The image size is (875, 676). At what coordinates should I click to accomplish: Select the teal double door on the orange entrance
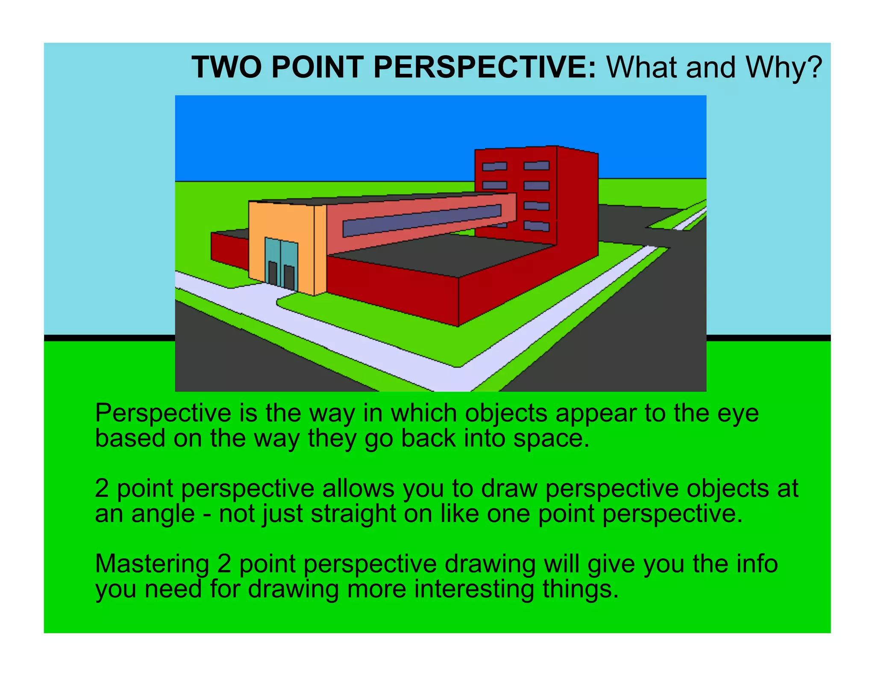(x=281, y=263)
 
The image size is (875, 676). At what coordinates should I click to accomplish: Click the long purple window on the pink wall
(x=421, y=220)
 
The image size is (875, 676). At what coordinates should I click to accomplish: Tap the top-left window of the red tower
(x=494, y=166)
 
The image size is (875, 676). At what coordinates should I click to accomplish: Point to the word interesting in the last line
(x=474, y=589)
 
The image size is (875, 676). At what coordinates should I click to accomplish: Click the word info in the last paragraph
(x=756, y=564)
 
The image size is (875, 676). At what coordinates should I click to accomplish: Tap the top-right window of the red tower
(x=536, y=166)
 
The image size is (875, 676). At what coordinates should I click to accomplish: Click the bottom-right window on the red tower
(x=536, y=226)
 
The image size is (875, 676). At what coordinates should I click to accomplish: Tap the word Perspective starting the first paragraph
(x=163, y=414)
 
